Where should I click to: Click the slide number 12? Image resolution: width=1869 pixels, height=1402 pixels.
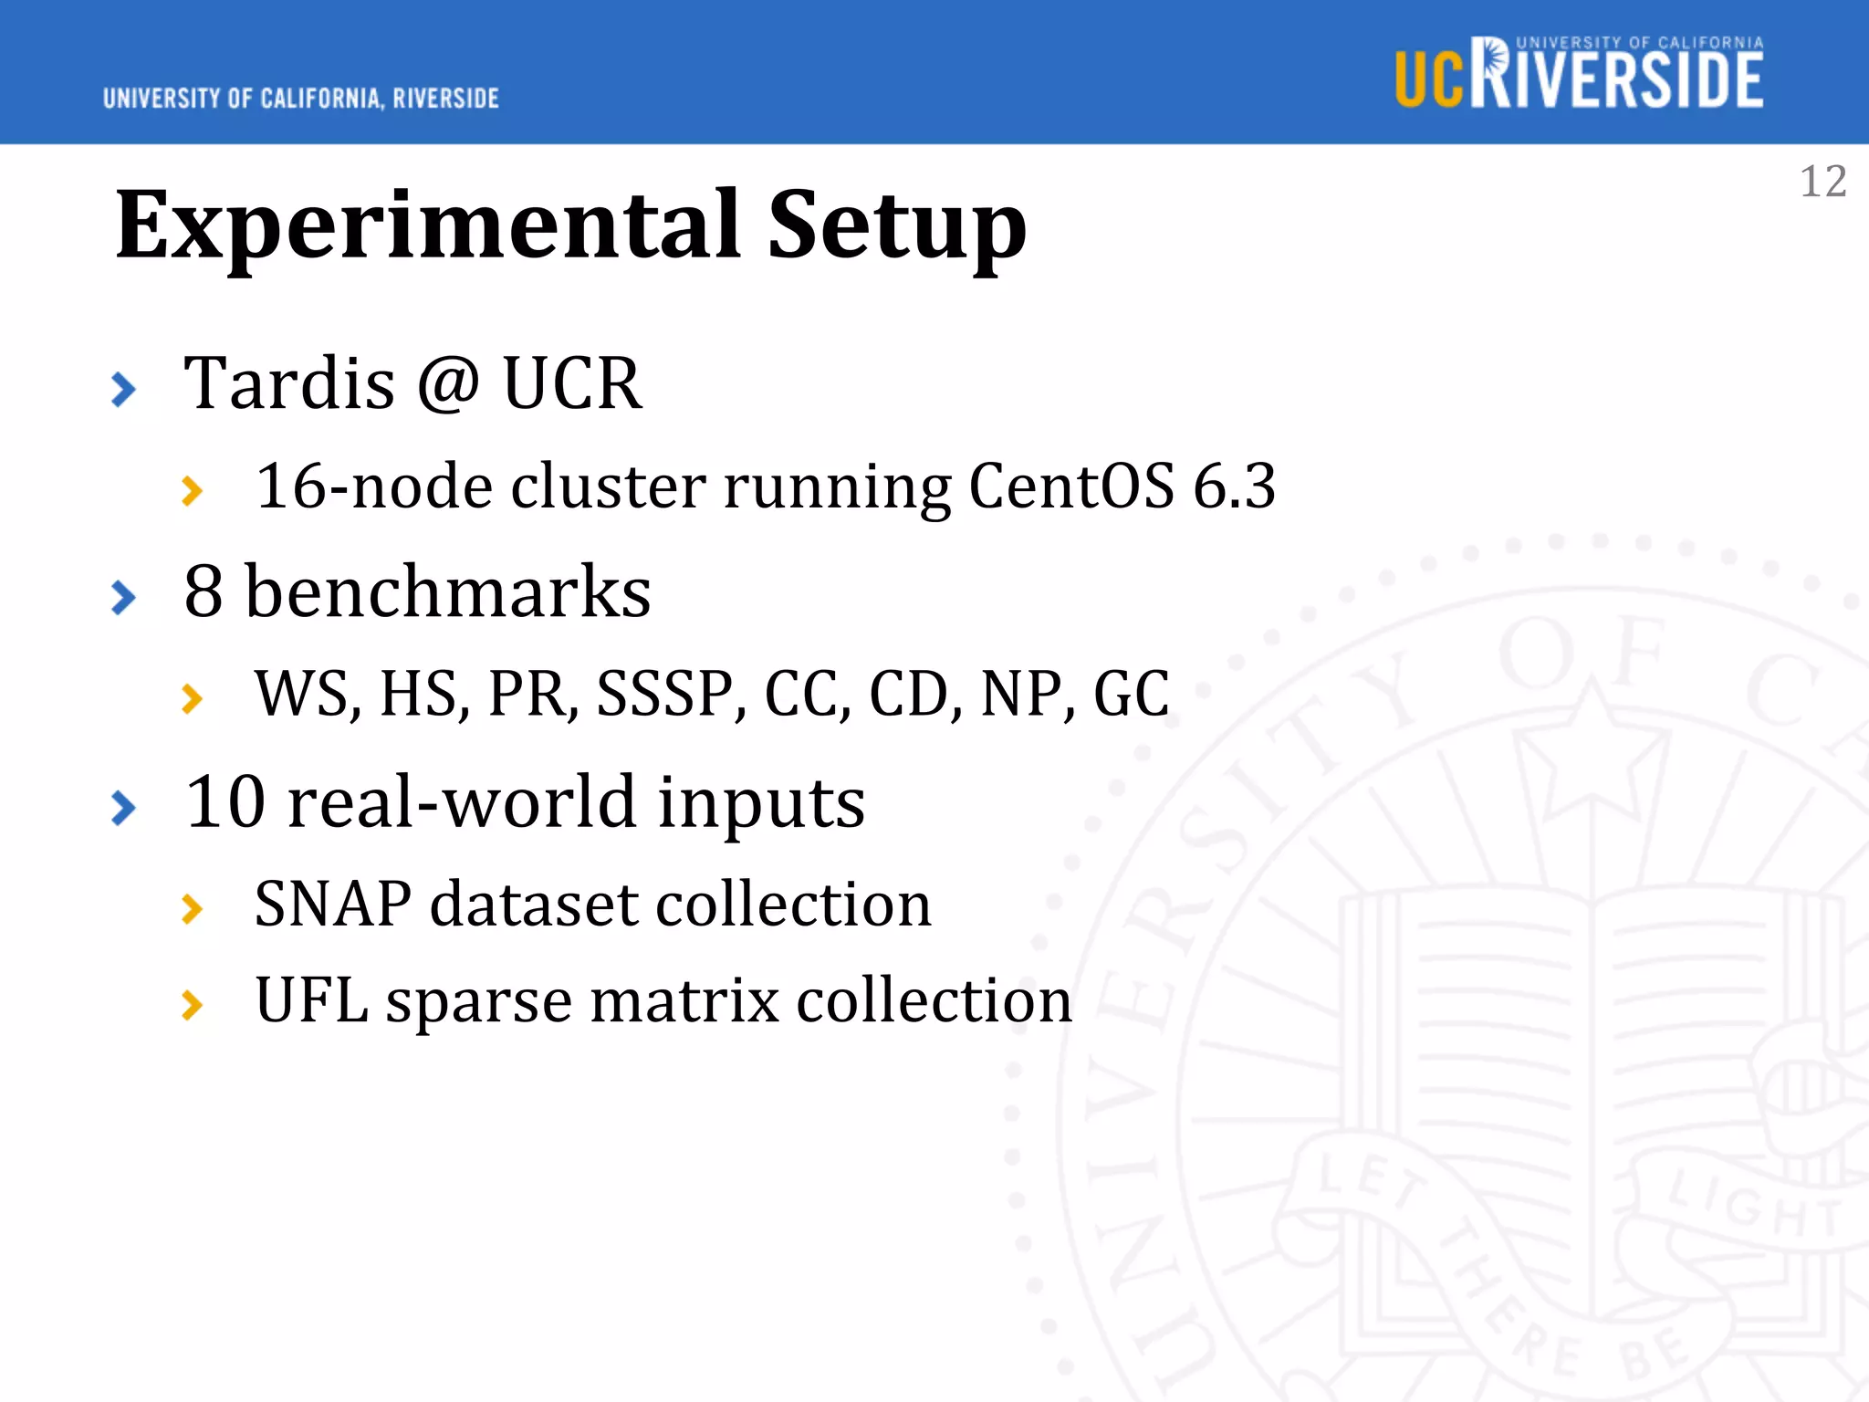point(1822,182)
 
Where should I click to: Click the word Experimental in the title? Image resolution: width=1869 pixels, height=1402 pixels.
point(428,225)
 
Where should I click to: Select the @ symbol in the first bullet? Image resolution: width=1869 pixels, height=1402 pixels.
point(447,383)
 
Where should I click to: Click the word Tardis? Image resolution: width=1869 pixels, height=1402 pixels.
point(289,383)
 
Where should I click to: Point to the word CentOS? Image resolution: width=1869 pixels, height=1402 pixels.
point(1070,486)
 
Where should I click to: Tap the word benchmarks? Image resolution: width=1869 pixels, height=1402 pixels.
point(448,591)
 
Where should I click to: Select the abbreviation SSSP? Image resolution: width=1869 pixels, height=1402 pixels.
point(664,694)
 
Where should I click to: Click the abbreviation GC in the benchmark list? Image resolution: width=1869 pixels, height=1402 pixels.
point(1131,694)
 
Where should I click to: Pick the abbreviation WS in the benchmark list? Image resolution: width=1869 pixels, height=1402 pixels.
point(301,694)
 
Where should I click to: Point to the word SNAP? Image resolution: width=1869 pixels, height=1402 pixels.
point(332,905)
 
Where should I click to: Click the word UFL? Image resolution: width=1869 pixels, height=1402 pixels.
point(311,1000)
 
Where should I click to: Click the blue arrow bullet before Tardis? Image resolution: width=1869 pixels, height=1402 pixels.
point(123,390)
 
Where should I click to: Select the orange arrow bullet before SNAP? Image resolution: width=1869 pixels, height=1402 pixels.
point(192,909)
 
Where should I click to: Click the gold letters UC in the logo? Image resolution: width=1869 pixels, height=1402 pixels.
point(1430,80)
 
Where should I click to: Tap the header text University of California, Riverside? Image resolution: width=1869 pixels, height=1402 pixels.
point(300,99)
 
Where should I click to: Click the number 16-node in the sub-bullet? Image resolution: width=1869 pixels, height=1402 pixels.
point(374,486)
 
